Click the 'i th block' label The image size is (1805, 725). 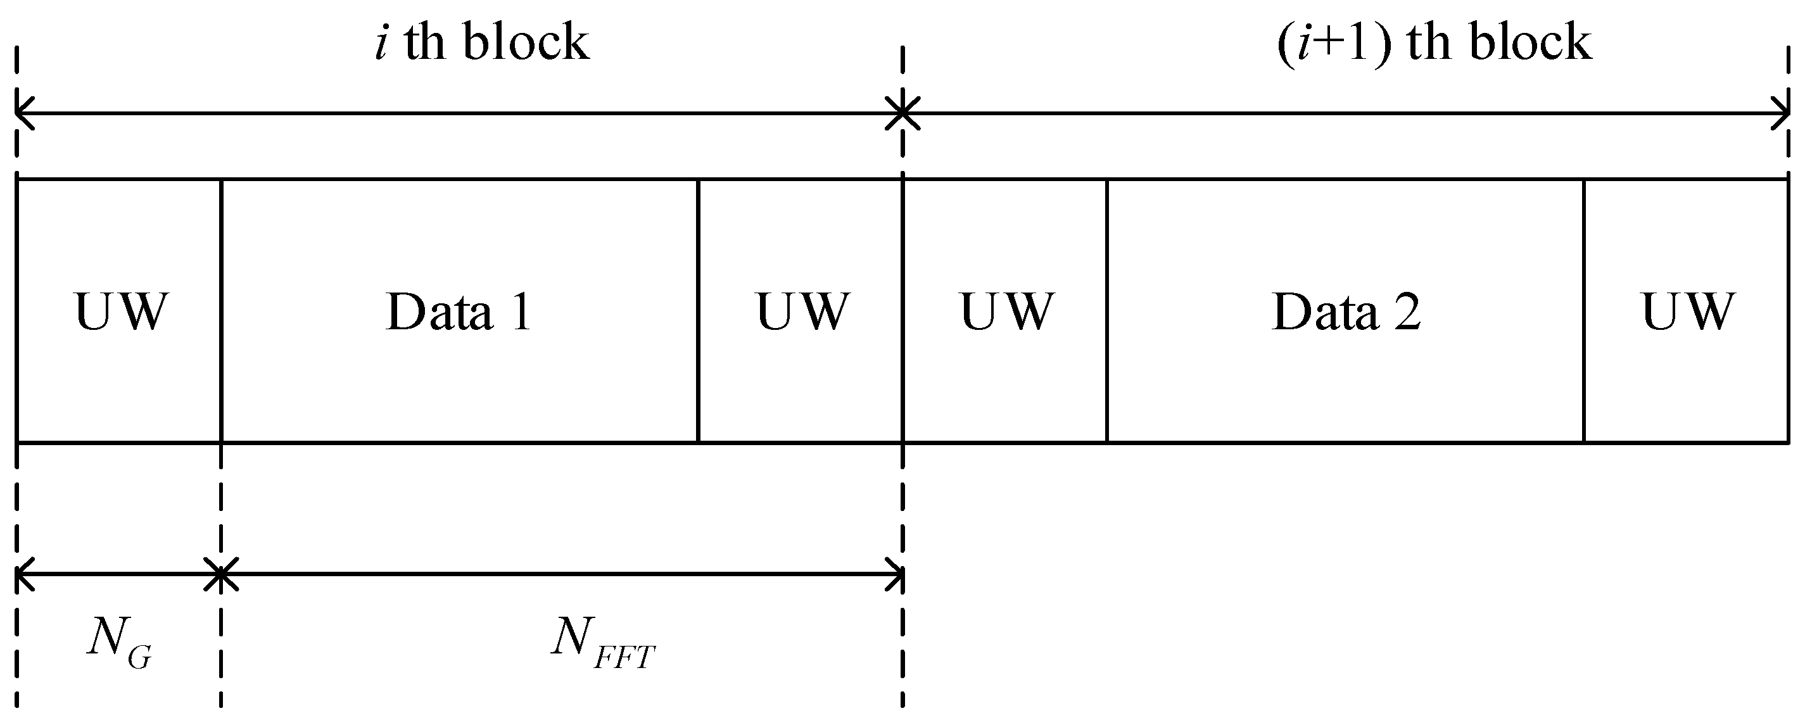(x=482, y=42)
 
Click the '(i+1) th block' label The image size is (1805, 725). (x=1434, y=42)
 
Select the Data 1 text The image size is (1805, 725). (x=459, y=312)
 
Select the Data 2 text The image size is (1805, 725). (x=1346, y=312)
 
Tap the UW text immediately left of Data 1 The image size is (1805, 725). (x=121, y=312)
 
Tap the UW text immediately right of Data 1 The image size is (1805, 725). (x=803, y=312)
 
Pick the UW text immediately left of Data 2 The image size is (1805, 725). (x=1007, y=312)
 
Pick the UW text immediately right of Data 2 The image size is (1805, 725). (x=1688, y=312)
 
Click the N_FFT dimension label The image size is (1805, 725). (x=602, y=641)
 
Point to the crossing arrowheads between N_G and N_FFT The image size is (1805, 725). (x=221, y=574)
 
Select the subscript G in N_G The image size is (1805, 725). (x=140, y=659)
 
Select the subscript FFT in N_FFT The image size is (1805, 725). (x=624, y=659)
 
